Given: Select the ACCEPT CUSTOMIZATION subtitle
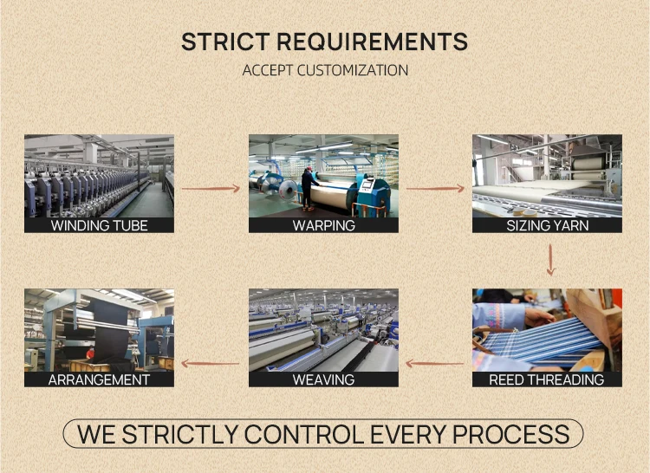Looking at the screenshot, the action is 325,70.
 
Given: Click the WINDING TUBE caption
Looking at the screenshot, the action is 99,225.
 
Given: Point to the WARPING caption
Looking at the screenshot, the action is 323,225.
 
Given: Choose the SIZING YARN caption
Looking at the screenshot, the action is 547,225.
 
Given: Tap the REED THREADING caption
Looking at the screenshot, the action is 547,379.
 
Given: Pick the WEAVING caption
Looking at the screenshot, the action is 323,379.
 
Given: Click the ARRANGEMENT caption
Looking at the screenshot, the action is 99,379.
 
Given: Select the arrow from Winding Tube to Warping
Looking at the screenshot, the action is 211,187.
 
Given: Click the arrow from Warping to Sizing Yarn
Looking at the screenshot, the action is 435,187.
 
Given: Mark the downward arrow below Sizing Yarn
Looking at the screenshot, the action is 550,260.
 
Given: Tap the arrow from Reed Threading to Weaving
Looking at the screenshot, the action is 435,363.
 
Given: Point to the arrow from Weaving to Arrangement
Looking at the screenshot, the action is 211,363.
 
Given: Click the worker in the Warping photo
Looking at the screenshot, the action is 307,187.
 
